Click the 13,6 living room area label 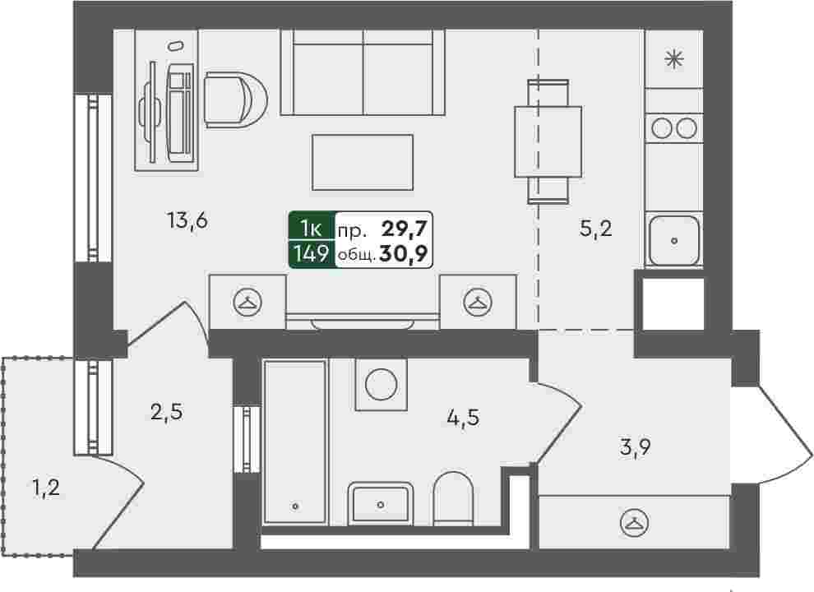tap(187, 221)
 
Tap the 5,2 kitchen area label tap(595, 228)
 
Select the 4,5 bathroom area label tap(463, 417)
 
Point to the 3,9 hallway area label tap(636, 446)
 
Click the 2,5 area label tap(167, 412)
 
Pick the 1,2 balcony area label tap(46, 488)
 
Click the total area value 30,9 tap(404, 254)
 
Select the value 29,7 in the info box tap(404, 228)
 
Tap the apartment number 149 tap(311, 254)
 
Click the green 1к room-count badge tap(312, 228)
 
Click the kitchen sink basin tap(674, 240)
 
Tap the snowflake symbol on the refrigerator tap(674, 58)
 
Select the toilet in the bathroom tap(453, 498)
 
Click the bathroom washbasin tap(381, 504)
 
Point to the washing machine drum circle tap(381, 385)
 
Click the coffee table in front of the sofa tap(363, 162)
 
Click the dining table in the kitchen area tap(548, 141)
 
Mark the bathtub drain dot tap(295, 506)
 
